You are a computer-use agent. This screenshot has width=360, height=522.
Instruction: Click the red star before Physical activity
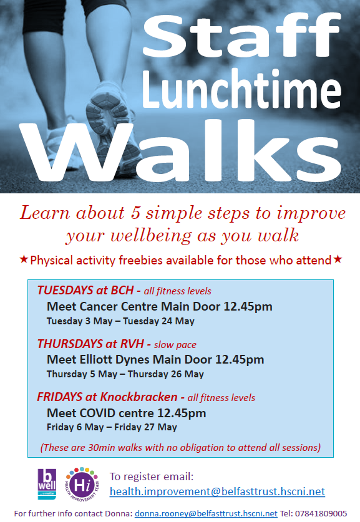click(24, 259)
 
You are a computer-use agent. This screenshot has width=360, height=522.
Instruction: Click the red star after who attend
click(338, 259)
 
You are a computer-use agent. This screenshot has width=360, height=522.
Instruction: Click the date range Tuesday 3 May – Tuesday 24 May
click(120, 321)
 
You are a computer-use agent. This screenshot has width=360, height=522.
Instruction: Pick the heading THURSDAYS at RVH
click(90, 344)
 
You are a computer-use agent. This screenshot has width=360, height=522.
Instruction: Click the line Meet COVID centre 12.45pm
click(126, 413)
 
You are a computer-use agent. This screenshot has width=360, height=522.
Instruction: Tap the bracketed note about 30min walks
click(180, 447)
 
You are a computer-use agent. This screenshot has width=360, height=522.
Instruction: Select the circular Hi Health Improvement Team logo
click(80, 483)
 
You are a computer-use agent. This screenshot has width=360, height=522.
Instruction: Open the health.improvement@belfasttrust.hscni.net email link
click(217, 491)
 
